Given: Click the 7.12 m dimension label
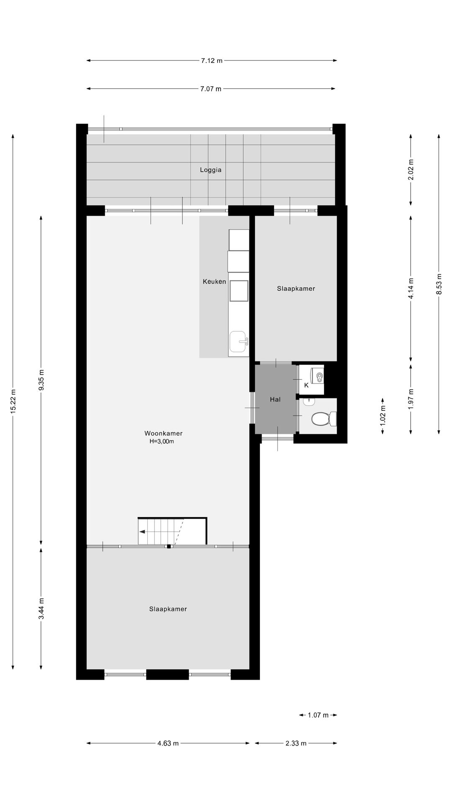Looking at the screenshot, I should click(211, 61).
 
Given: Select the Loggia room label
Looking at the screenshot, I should click(211, 170).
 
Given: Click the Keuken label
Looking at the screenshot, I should click(214, 281).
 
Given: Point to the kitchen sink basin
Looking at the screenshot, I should click(238, 341).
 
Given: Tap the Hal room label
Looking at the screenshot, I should click(275, 399).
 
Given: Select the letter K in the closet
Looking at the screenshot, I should click(306, 385).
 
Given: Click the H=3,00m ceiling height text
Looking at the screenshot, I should click(162, 441).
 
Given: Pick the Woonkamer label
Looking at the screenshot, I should click(163, 433).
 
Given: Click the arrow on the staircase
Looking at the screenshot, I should click(143, 532).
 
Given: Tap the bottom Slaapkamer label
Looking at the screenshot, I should click(168, 609).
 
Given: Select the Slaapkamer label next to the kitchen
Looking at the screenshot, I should click(296, 289).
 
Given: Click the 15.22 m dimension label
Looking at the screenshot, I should click(13, 402).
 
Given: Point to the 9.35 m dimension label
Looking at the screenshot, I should click(41, 380).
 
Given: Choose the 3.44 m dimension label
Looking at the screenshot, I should click(41, 609).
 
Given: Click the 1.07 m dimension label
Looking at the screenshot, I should click(318, 715).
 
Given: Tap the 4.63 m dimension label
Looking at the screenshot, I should click(168, 743).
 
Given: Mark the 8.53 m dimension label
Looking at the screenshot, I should click(439, 284).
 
